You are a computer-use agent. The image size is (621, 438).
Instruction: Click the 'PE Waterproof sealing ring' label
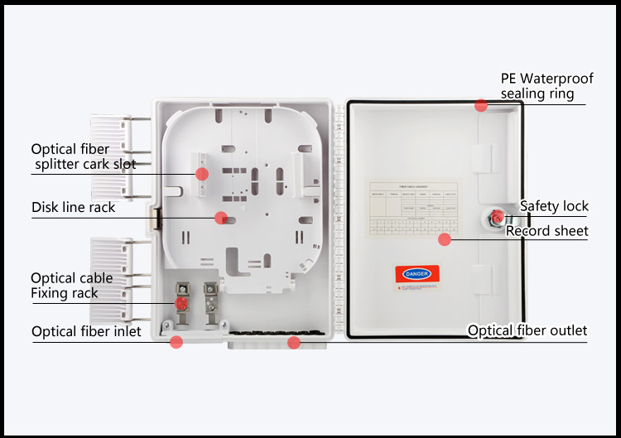[x=546, y=86]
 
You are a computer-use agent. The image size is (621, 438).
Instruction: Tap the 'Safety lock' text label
[x=554, y=206]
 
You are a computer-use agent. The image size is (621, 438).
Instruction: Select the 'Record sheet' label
[x=546, y=230]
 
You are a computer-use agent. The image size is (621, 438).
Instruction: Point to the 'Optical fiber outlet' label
[x=527, y=331]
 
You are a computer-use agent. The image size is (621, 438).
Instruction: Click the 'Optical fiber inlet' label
[x=86, y=332]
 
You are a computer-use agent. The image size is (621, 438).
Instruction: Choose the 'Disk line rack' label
[x=74, y=207]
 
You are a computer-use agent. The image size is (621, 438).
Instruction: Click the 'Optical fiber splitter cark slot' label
[x=83, y=156]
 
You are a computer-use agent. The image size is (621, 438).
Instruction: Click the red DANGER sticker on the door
[x=417, y=273]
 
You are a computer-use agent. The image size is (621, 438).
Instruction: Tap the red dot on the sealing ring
[x=481, y=105]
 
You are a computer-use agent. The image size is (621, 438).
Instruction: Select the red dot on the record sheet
[x=445, y=239]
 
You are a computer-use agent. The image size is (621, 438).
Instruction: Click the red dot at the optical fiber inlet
[x=176, y=341]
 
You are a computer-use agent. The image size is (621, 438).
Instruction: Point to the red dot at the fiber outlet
[x=293, y=341]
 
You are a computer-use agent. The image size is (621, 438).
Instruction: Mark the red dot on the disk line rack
[x=220, y=218]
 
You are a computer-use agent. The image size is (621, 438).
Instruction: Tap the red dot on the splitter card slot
[x=201, y=173]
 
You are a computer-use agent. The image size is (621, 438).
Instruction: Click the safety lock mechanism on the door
[x=496, y=218]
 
